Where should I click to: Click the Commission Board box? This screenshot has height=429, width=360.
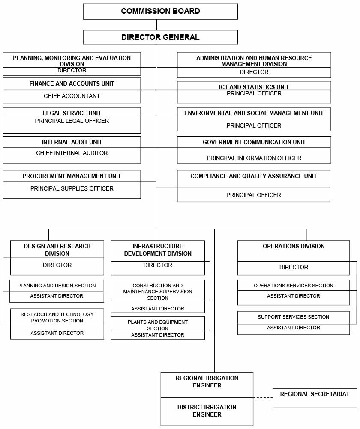tap(160, 12)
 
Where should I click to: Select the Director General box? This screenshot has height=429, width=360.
tap(160, 37)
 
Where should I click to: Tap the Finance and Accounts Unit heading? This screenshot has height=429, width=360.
tap(72, 84)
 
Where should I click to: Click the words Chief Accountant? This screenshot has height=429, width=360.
tap(72, 96)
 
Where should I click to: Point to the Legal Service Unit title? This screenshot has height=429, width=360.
tap(72, 113)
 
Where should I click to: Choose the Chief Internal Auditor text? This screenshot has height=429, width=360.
tap(72, 153)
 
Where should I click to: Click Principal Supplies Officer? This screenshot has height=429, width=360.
tap(72, 189)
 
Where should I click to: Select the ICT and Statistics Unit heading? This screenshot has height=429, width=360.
tap(254, 87)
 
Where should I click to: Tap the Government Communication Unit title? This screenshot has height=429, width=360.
tap(254, 143)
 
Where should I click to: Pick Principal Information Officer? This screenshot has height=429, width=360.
tap(254, 158)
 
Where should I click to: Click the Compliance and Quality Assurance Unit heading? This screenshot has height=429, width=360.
tap(253, 176)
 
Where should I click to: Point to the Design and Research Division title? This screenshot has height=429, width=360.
tap(57, 250)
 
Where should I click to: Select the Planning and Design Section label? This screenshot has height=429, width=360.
tap(57, 286)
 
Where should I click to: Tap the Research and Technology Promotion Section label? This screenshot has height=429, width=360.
tap(57, 317)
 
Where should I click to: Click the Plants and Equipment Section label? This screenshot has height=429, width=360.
tap(158, 325)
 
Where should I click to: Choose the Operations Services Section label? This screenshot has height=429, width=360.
tap(293, 286)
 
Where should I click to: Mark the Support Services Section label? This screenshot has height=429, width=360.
tap(293, 317)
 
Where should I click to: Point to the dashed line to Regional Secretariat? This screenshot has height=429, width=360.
tap(263, 398)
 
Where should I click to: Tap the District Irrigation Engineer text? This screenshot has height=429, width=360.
tap(207, 411)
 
